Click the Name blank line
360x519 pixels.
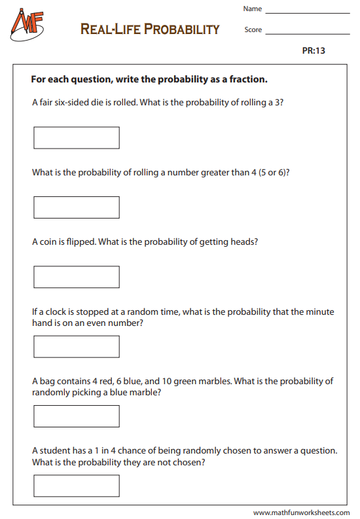[x=308, y=12]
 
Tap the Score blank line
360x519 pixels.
[x=308, y=33]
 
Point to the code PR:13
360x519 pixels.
[x=314, y=51]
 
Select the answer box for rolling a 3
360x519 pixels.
[x=77, y=137]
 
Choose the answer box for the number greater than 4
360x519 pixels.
[x=77, y=207]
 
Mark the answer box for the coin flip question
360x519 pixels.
[x=77, y=277]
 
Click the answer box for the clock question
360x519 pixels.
[x=77, y=346]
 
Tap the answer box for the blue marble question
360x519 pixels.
[x=77, y=416]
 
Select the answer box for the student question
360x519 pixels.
[x=77, y=486]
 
